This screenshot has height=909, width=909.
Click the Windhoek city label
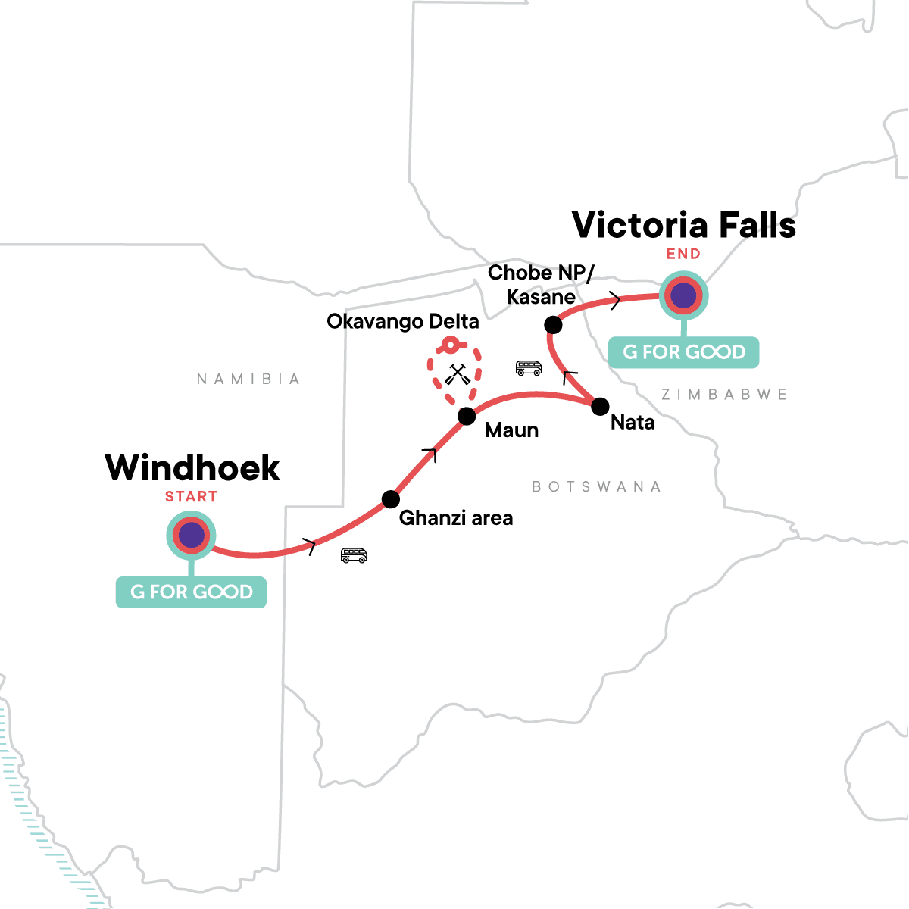pos(192,468)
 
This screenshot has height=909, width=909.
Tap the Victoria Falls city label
pos(683,225)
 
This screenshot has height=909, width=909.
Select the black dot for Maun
pos(467,416)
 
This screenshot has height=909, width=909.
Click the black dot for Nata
pos(599,406)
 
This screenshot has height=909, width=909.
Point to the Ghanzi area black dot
pos(390,499)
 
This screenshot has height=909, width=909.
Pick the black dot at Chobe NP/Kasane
pos(553,325)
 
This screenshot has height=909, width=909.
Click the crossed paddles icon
pos(455,374)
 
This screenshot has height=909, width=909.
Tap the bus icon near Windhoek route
pos(354,555)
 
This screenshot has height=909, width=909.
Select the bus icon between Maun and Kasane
pos(529,368)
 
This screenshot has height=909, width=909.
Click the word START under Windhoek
pos(191,497)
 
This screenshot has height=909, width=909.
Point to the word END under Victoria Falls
pos(683,254)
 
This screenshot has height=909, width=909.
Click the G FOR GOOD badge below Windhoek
pos(191,592)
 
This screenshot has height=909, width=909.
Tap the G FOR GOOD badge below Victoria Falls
pos(683,352)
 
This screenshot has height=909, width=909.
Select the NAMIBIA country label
pos(248,379)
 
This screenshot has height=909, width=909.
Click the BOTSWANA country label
pos(596,486)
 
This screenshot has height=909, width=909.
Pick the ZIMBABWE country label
pos(724,395)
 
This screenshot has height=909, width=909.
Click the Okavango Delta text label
pos(402,322)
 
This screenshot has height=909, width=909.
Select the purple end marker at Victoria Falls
pos(683,295)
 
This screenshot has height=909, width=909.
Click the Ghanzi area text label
pos(455,518)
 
